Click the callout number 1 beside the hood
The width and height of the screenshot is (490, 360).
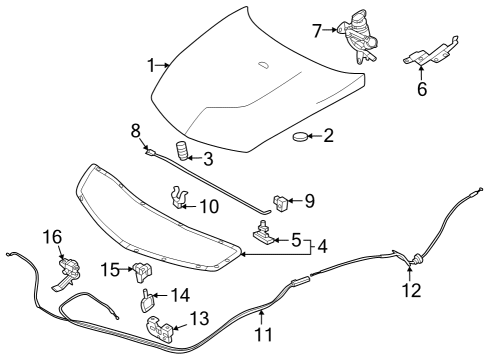point(150,65)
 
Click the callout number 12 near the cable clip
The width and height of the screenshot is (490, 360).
point(410,291)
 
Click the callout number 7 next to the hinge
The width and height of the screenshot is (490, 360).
point(317,30)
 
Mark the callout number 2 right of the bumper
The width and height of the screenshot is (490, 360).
point(328,135)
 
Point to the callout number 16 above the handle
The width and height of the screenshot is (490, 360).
point(51,237)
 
